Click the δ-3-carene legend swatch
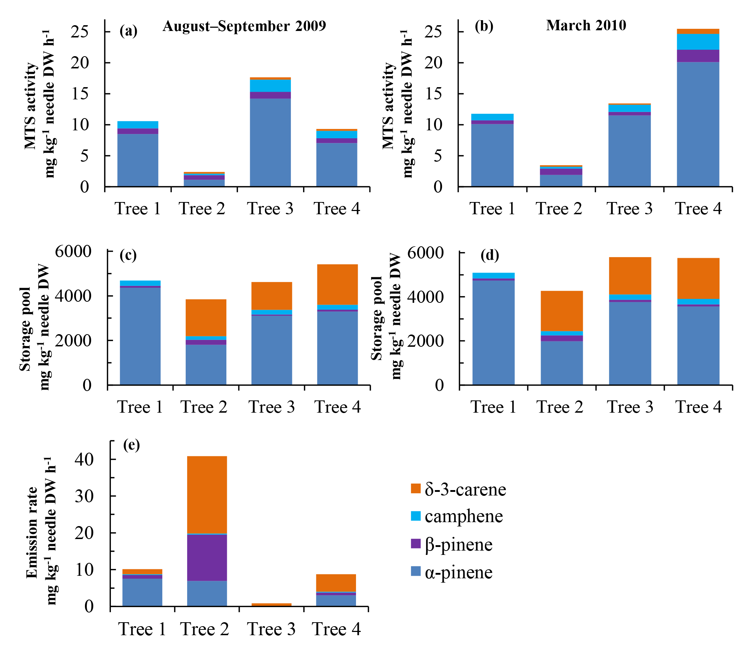pyautogui.click(x=416, y=488)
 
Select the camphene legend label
pyautogui.click(x=463, y=516)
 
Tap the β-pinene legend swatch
pyautogui.click(x=416, y=544)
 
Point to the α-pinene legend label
pyautogui.click(x=458, y=572)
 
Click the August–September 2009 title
pyautogui.click(x=244, y=26)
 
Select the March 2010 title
pyautogui.click(x=586, y=26)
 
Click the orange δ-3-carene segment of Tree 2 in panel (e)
pyautogui.click(x=207, y=494)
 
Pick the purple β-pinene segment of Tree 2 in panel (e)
pyautogui.click(x=207, y=557)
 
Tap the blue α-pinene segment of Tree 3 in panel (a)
pyautogui.click(x=270, y=142)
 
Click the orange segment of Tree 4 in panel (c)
pyautogui.click(x=337, y=284)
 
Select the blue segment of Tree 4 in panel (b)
pyautogui.click(x=698, y=124)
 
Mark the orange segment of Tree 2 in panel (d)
pyautogui.click(x=562, y=310)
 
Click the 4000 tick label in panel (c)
pyautogui.click(x=73, y=296)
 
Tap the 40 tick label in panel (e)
pyautogui.click(x=85, y=459)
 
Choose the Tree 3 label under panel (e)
pyautogui.click(x=271, y=629)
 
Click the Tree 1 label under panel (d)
pyautogui.click(x=493, y=407)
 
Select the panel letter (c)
pyautogui.click(x=128, y=255)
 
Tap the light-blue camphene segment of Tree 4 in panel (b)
pyautogui.click(x=698, y=42)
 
